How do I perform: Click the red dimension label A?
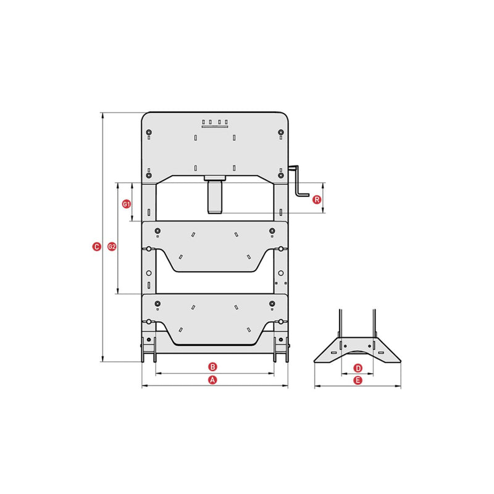tap(213, 380)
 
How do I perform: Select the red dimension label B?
tap(213, 367)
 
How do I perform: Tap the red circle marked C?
tap(97, 246)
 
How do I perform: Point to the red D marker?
tap(358, 368)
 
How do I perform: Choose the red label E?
tap(358, 380)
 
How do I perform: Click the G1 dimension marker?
tap(127, 204)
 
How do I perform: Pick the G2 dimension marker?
tap(112, 246)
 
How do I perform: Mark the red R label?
tap(317, 199)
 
